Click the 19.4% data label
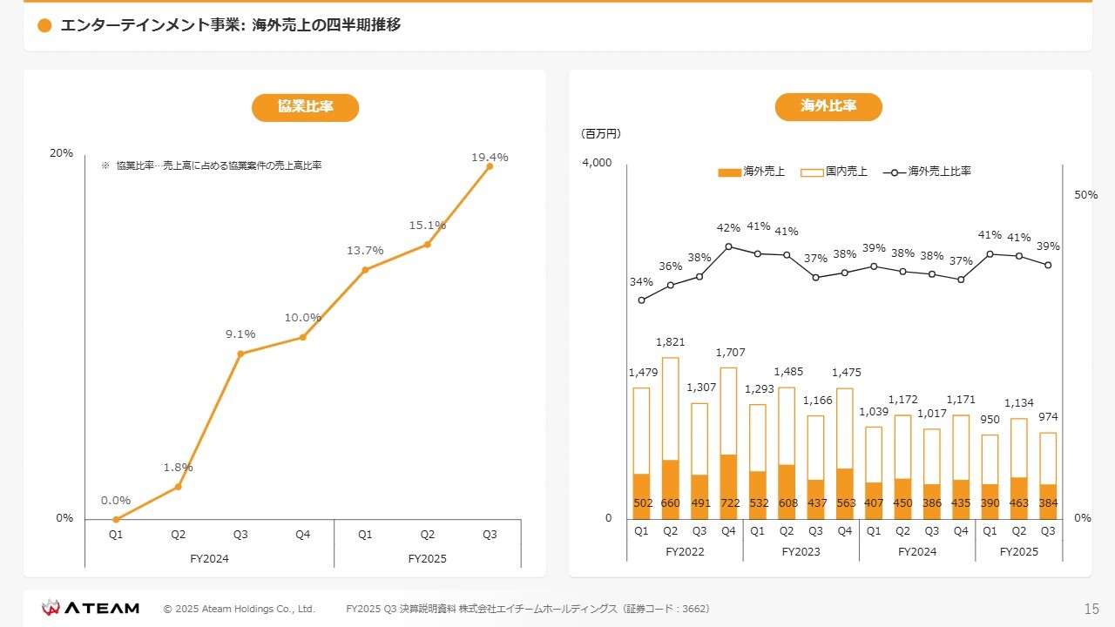[490, 158]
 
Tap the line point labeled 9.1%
[240, 354]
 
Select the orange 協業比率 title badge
[305, 107]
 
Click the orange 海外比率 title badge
[828, 107]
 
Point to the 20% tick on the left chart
[61, 153]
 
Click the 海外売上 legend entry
[752, 172]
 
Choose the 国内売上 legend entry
[835, 172]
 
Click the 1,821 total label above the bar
[670, 342]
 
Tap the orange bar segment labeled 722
[728, 487]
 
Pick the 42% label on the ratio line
[728, 228]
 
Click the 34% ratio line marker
[641, 300]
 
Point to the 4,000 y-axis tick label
[597, 163]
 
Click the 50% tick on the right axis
[1085, 195]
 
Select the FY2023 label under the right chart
[801, 552]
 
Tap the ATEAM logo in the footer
[91, 608]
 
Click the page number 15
[1091, 609]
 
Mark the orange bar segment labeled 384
[1048, 502]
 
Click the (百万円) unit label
[600, 134]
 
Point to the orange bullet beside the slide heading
[45, 26]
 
